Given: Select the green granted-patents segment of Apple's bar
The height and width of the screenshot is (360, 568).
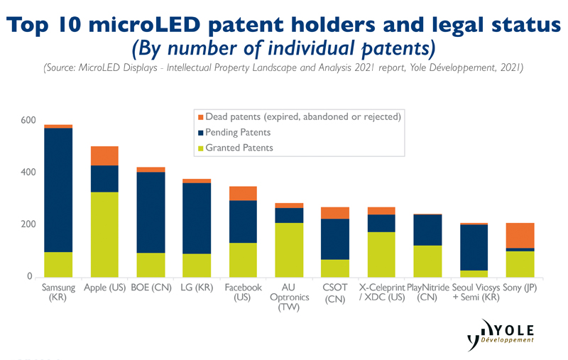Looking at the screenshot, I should (x=104, y=234).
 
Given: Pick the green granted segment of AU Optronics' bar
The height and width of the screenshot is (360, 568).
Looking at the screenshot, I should (x=289, y=249).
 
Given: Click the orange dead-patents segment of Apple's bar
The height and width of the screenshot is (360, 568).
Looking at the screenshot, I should (x=104, y=156).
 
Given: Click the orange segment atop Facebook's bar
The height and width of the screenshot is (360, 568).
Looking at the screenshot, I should (x=243, y=193).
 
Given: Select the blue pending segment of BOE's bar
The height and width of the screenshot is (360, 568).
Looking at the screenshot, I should (x=151, y=212).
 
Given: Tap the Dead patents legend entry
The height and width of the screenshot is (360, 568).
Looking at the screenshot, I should (x=298, y=116).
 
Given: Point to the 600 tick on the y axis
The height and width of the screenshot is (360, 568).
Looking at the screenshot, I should (x=27, y=120).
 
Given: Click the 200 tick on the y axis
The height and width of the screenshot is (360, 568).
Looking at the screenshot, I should (x=27, y=224).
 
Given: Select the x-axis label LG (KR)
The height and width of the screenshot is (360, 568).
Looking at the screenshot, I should (x=197, y=288).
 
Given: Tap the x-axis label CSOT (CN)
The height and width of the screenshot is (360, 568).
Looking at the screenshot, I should (x=334, y=293).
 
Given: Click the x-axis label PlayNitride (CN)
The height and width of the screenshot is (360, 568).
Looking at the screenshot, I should (x=427, y=293).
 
